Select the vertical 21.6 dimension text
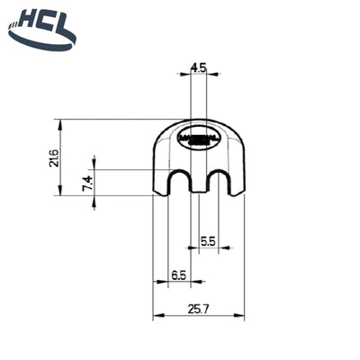(x=53, y=157)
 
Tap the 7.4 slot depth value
(x=87, y=184)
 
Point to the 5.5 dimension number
(x=207, y=240)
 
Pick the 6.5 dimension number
(x=177, y=275)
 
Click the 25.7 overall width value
(x=199, y=308)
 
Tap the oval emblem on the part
(x=199, y=139)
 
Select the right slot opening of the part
(x=217, y=184)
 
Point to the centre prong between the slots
(x=198, y=184)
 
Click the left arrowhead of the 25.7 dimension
(x=157, y=316)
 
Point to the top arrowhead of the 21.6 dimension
(x=58, y=122)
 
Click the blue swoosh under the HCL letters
(x=40, y=40)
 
